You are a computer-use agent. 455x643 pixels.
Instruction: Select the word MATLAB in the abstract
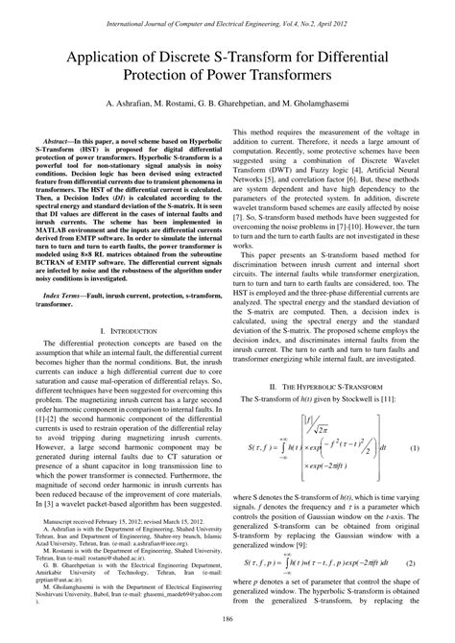56,230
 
